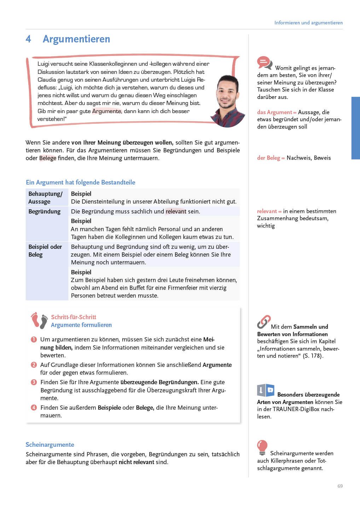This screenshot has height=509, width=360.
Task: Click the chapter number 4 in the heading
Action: (x=28, y=39)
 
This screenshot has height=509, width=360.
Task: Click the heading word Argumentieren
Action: (x=76, y=39)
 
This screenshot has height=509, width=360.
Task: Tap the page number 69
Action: (x=340, y=486)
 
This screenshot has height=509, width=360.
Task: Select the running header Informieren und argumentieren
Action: (x=308, y=23)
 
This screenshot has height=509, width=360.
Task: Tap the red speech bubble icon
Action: (x=264, y=63)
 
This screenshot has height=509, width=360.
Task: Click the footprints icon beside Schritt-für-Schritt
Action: (x=39, y=321)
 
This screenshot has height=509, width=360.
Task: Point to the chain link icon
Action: (x=264, y=322)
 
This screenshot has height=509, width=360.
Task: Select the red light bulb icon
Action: (x=262, y=447)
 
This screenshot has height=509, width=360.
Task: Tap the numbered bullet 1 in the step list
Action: (x=34, y=339)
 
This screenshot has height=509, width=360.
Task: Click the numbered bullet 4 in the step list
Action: (x=34, y=408)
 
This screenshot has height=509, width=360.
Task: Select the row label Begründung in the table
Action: (x=45, y=211)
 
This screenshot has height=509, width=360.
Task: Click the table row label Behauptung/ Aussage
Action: (x=45, y=198)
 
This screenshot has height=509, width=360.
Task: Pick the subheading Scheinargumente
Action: (x=50, y=445)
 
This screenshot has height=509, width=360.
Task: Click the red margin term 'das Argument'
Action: (x=275, y=112)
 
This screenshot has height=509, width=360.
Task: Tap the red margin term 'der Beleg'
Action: (x=269, y=158)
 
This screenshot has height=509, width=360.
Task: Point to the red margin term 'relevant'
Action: (x=267, y=211)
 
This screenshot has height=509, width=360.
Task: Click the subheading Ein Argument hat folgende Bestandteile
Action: (x=81, y=182)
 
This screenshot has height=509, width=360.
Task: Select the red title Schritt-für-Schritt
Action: (x=74, y=317)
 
